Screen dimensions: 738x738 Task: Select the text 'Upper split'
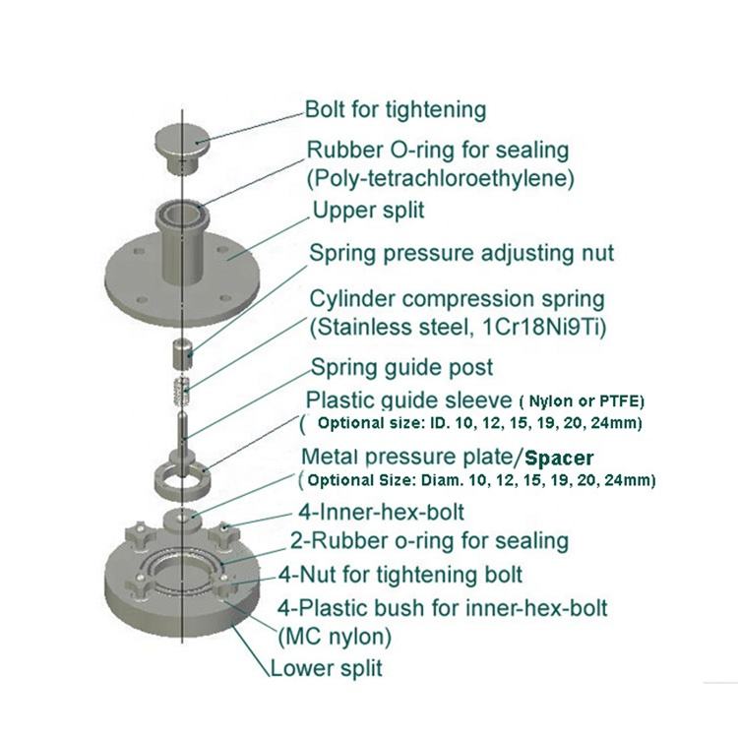coord(368,211)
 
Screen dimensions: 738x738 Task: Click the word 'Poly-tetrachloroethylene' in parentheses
coord(441,179)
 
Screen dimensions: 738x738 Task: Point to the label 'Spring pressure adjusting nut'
coord(461,253)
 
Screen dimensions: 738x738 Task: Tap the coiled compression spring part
coord(182,391)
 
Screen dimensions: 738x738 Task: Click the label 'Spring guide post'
coord(401,368)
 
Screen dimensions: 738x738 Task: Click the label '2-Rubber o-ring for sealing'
coord(428,540)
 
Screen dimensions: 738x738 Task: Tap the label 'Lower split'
coord(326,669)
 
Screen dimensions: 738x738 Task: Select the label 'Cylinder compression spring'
coord(458,297)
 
